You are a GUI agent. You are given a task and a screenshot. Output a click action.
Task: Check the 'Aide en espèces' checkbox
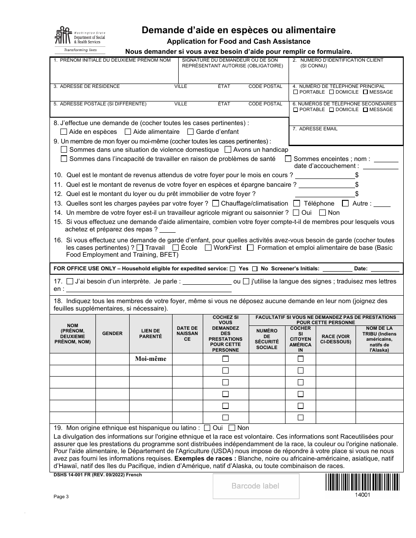point(64,132)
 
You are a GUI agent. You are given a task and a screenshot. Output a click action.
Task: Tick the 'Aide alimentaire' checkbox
point(128,132)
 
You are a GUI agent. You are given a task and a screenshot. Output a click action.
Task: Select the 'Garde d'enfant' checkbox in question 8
point(190,132)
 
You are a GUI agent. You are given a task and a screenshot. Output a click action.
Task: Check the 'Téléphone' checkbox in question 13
point(296,203)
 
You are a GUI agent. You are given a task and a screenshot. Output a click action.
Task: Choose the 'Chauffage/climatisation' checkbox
point(215,203)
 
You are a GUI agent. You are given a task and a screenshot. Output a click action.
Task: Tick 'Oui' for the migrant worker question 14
point(296,213)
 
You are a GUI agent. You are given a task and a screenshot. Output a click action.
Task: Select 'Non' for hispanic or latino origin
point(232,428)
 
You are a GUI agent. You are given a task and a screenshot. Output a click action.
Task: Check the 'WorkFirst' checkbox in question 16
point(208,248)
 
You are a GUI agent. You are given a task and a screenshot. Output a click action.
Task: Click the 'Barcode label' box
point(256,486)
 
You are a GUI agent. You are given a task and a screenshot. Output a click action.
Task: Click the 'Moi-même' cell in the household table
point(151,359)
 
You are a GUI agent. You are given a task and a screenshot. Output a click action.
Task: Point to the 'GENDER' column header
point(112,333)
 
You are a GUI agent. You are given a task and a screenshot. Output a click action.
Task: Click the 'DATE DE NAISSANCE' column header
point(187,333)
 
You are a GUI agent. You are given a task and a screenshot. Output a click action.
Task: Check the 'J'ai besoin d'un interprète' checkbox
point(70,281)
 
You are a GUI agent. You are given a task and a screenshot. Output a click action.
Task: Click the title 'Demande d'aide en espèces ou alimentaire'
point(239,31)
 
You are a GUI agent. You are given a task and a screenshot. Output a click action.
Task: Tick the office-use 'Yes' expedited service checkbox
point(233,269)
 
